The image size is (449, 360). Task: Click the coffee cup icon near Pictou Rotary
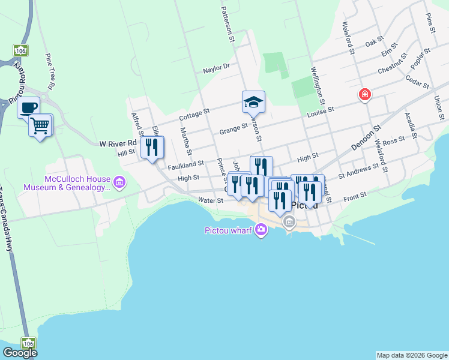28,107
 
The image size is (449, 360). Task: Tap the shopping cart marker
40,125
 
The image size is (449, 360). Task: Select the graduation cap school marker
253,102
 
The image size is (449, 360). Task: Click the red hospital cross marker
364,95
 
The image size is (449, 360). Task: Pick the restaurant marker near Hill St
152,147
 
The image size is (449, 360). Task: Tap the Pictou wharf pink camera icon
261,229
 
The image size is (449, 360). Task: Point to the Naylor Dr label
216,68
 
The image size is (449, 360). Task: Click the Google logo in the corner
20,353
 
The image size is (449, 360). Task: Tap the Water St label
211,200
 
